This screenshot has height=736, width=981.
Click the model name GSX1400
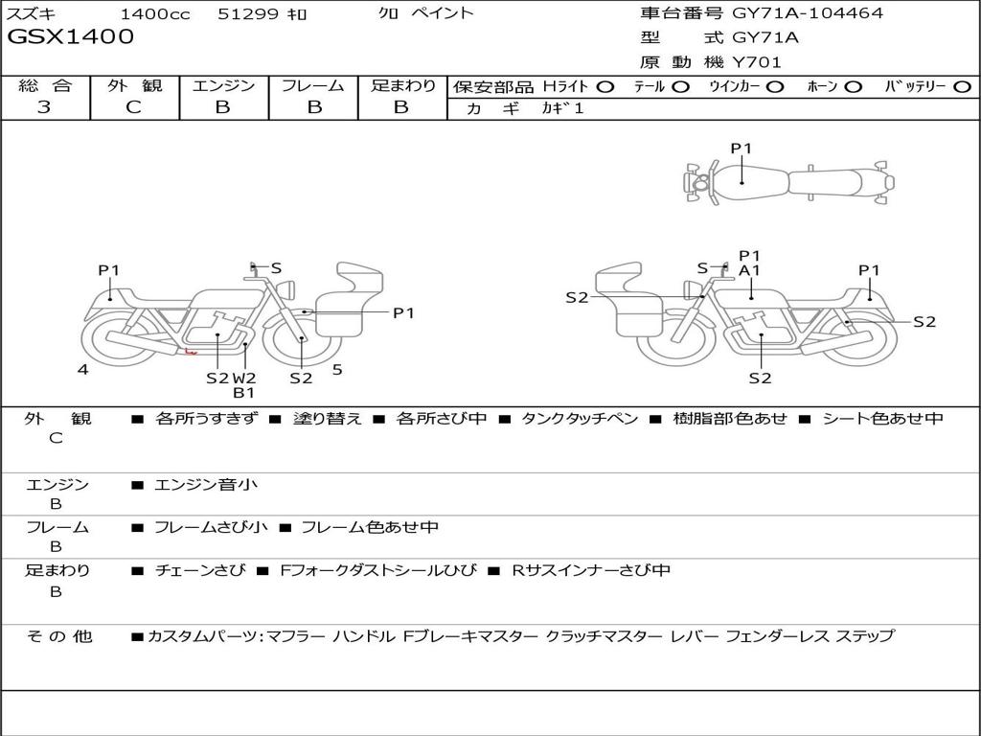click(70, 36)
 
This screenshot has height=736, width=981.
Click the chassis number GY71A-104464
click(807, 12)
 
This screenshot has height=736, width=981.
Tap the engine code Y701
click(757, 62)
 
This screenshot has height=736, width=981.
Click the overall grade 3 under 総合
click(44, 106)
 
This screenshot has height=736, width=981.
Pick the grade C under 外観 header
click(133, 107)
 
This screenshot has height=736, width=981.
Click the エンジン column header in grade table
click(223, 85)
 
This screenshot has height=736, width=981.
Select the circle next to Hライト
click(605, 87)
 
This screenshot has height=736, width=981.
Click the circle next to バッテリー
click(963, 87)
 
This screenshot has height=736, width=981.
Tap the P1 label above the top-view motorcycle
click(741, 149)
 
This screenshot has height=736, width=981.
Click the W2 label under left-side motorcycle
click(244, 378)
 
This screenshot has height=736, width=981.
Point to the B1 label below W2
click(244, 393)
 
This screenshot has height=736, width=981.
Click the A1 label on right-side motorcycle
click(749, 270)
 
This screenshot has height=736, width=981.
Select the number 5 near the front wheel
click(337, 370)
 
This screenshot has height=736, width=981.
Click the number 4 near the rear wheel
click(82, 369)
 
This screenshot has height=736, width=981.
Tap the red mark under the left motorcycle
click(191, 352)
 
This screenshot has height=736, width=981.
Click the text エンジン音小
click(205, 484)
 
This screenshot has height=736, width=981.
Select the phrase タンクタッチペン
click(580, 418)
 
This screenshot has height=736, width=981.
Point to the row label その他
click(59, 636)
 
